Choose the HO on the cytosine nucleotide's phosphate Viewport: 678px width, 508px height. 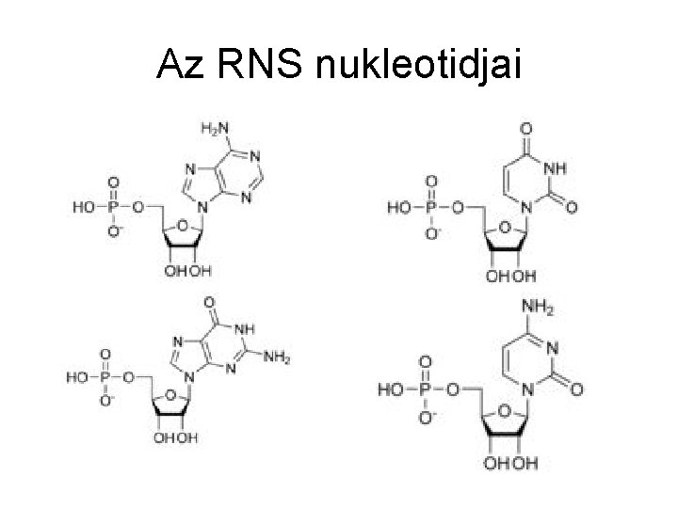click(x=393, y=389)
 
